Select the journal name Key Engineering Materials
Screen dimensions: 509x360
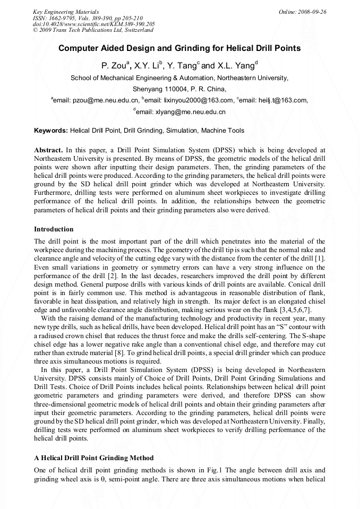(x=66, y=12)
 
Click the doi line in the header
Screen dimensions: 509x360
(x=94, y=24)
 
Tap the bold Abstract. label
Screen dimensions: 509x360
(x=49, y=150)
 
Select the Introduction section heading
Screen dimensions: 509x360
(x=54, y=229)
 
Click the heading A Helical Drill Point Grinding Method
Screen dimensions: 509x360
(x=94, y=458)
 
